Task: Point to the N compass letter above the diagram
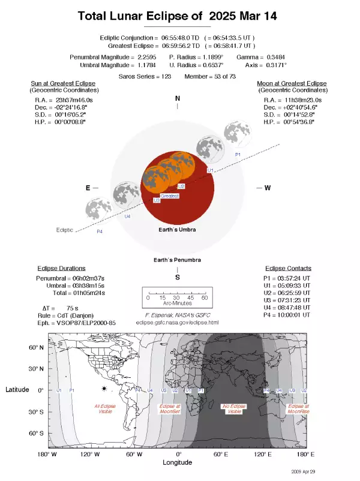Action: (177, 98)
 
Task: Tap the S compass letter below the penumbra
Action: (177, 277)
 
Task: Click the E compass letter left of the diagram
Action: (88, 188)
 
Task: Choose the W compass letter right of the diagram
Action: (268, 188)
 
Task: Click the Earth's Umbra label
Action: (177, 230)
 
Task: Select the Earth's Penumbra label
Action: (177, 260)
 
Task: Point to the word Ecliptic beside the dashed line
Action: (65, 230)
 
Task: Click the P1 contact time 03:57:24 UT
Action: (294, 279)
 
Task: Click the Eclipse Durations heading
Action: (61, 268)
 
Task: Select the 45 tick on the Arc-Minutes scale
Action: (190, 298)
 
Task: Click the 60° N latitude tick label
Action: (37, 348)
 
